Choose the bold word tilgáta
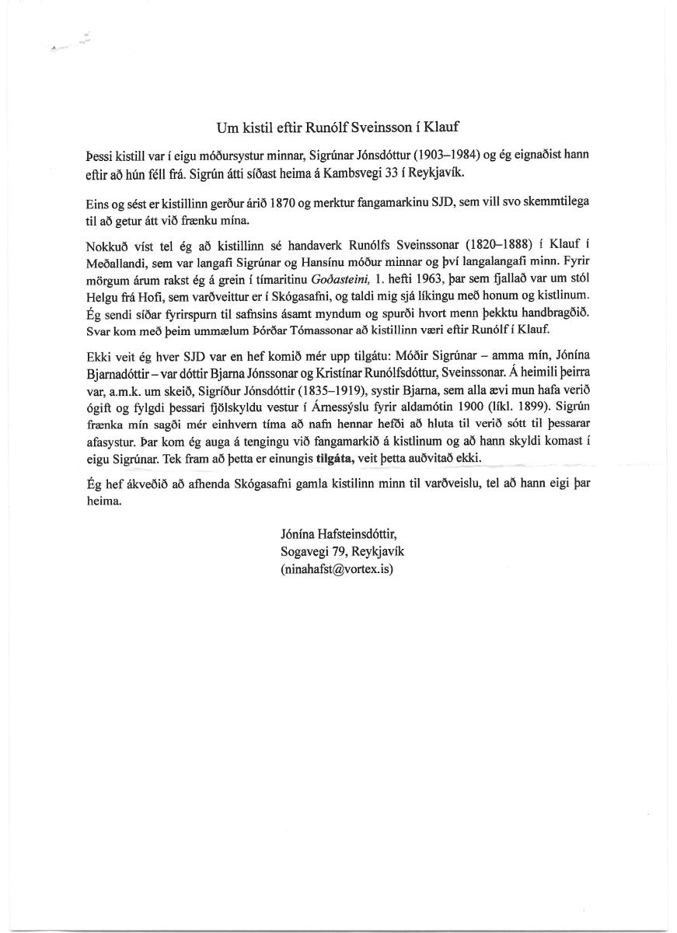tap(337, 458)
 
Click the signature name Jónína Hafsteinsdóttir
tap(338, 534)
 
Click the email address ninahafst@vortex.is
tap(342, 569)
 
